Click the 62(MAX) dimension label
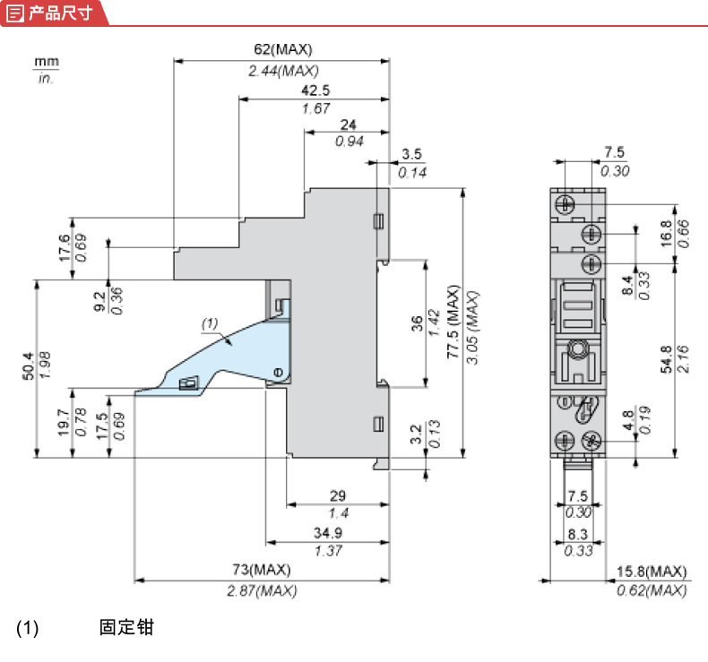(x=282, y=49)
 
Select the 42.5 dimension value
(x=315, y=90)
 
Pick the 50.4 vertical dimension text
(x=28, y=367)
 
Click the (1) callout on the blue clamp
(x=209, y=322)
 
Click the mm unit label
(x=46, y=62)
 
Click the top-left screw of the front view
(x=565, y=202)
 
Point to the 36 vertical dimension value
(x=417, y=323)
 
